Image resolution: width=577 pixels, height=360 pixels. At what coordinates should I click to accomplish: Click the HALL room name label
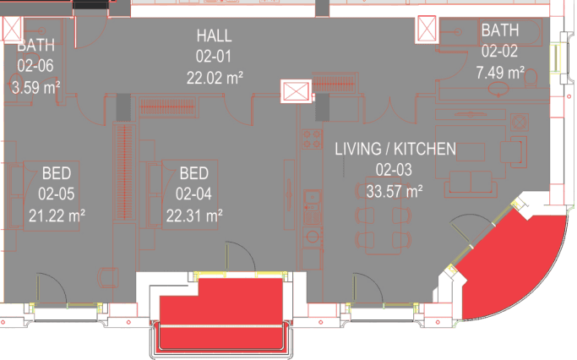(x=215, y=35)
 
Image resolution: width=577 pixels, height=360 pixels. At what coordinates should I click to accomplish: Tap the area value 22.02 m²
(x=215, y=78)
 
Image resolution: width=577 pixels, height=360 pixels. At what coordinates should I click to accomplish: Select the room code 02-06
(x=35, y=66)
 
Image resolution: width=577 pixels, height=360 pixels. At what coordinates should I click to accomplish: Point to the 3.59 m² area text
(x=35, y=88)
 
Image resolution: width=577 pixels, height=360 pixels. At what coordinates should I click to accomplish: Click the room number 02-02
(x=499, y=51)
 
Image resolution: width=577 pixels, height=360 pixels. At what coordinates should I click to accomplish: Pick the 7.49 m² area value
(x=500, y=73)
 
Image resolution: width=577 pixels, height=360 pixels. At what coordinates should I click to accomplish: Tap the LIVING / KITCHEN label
(x=395, y=149)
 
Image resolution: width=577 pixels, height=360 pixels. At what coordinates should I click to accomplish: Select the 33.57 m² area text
(x=395, y=192)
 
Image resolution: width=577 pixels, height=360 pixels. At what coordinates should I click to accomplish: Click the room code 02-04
(x=193, y=194)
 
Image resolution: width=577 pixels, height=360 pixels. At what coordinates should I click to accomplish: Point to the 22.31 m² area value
(x=194, y=215)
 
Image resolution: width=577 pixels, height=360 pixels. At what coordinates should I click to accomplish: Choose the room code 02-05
(x=57, y=194)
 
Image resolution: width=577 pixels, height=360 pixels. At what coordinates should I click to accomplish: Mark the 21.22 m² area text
(x=57, y=215)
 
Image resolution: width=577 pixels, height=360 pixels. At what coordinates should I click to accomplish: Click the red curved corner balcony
(x=515, y=265)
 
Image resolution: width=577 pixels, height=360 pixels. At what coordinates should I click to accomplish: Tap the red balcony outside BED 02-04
(x=221, y=313)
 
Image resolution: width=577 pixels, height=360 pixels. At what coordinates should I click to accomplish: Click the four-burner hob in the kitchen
(x=312, y=139)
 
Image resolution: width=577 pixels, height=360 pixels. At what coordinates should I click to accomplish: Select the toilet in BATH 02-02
(x=530, y=77)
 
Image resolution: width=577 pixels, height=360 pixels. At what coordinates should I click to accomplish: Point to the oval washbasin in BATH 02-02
(x=498, y=89)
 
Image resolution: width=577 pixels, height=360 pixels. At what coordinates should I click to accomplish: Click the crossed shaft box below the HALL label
(x=296, y=91)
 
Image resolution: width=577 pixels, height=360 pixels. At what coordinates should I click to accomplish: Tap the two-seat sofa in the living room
(x=471, y=183)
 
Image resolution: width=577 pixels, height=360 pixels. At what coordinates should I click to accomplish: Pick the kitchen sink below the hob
(x=313, y=198)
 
